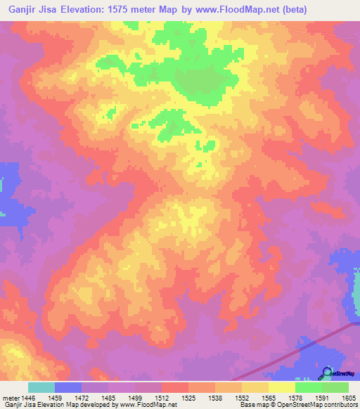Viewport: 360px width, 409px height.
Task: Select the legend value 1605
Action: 348,397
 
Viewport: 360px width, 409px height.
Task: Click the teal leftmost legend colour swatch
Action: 41,387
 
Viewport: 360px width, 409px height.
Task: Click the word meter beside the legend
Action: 11,397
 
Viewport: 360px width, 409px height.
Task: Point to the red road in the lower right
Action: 281,351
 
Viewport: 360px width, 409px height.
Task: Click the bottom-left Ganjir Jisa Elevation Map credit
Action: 89,405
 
